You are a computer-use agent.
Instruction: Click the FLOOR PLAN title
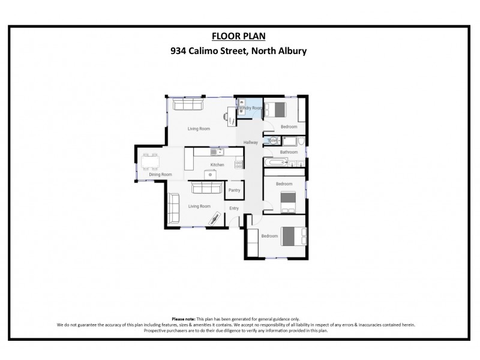tap(239, 36)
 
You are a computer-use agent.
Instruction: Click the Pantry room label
tap(234, 190)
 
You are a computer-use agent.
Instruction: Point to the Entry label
tap(234, 208)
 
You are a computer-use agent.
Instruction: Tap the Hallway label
tap(250, 142)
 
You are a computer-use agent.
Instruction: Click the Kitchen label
tap(217, 165)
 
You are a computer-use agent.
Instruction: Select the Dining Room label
tap(160, 175)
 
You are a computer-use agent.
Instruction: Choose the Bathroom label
tap(289, 152)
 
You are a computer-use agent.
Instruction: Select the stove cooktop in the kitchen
tap(239, 163)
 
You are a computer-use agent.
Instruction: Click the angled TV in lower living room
tap(214, 219)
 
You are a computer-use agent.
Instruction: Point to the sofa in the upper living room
tap(188, 104)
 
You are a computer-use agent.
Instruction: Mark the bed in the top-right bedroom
tap(275, 110)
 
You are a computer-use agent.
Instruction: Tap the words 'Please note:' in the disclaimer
tap(184, 319)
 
